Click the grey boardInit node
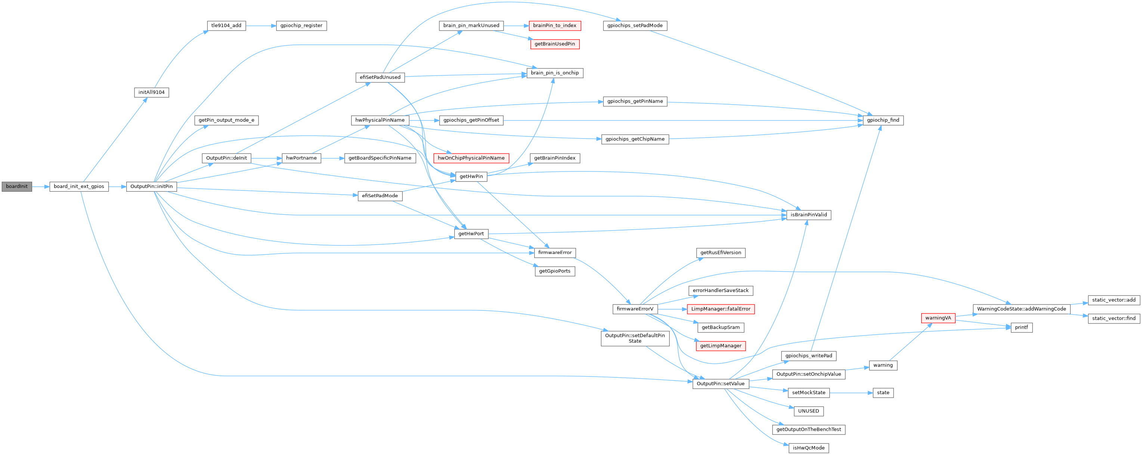pyautogui.click(x=16, y=187)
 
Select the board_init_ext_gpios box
pyautogui.click(x=78, y=187)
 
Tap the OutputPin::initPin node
pyautogui.click(x=152, y=187)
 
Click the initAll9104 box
pyautogui.click(x=151, y=93)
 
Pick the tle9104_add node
pyautogui.click(x=226, y=26)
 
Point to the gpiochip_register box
pyautogui.click(x=301, y=26)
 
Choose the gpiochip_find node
pyautogui.click(x=883, y=120)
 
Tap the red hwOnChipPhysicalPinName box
pyautogui.click(x=471, y=158)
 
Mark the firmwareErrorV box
pyautogui.click(x=635, y=309)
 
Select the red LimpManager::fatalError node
pyautogui.click(x=720, y=309)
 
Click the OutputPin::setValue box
pyautogui.click(x=720, y=384)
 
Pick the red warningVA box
pyautogui.click(x=938, y=318)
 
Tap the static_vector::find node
pyautogui.click(x=1113, y=318)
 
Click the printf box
pyautogui.click(x=1021, y=328)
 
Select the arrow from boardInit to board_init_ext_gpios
pyautogui.click(x=40, y=187)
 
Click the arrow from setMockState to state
pyautogui.click(x=851, y=393)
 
